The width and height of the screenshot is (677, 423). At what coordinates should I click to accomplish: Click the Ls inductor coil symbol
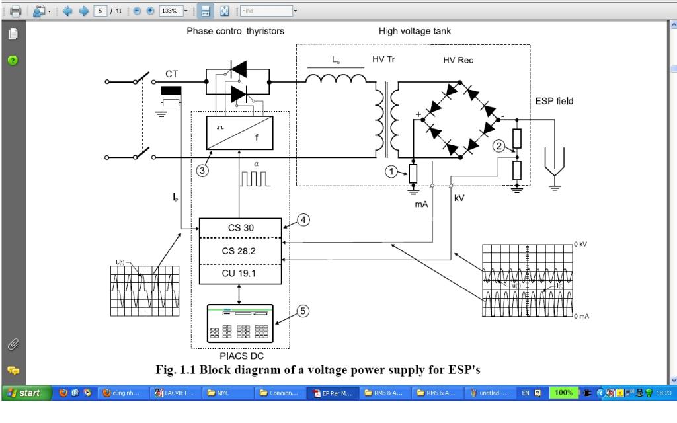(x=335, y=79)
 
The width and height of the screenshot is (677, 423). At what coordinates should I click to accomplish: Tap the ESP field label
(x=554, y=102)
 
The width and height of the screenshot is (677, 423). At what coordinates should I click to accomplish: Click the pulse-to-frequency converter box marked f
(x=239, y=132)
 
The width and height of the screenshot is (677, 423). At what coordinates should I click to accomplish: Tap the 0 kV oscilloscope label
(x=580, y=245)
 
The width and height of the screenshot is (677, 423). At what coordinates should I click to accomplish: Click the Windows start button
(x=24, y=393)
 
